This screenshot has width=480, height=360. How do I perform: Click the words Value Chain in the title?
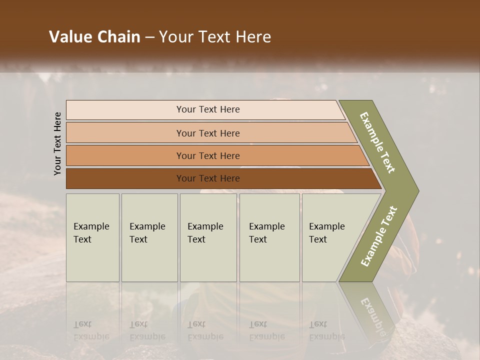(x=94, y=37)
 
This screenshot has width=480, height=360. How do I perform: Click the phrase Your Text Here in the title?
(x=215, y=37)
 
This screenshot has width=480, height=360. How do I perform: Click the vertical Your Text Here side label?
(x=57, y=143)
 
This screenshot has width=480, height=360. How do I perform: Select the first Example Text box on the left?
(x=92, y=237)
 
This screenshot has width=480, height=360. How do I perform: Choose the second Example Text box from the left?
(x=149, y=237)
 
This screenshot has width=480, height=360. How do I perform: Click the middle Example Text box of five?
(x=208, y=237)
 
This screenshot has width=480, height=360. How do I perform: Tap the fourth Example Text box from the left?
(x=269, y=237)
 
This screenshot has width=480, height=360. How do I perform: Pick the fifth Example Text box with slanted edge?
(x=330, y=237)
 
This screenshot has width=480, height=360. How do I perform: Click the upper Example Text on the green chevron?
(x=378, y=142)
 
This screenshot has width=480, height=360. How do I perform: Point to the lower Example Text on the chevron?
(x=379, y=236)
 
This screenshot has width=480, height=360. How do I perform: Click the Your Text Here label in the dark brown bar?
(x=208, y=178)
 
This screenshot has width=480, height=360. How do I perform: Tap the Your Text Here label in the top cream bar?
(x=208, y=109)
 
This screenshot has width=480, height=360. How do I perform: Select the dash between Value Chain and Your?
(x=149, y=37)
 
